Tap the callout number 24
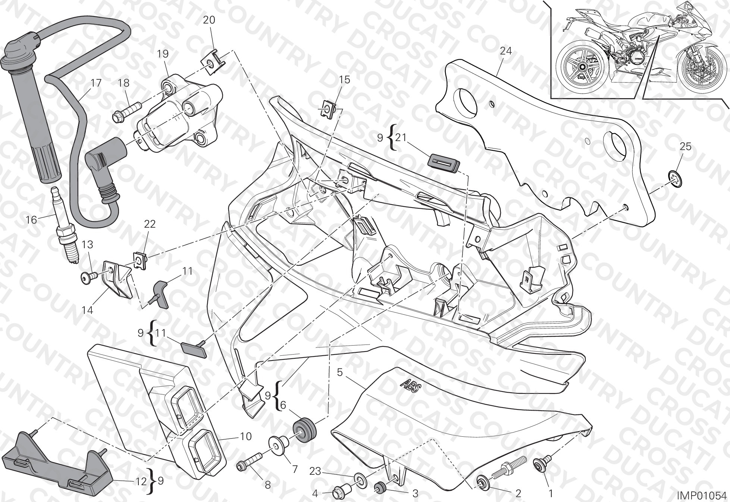tap(506, 51)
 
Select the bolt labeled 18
tap(125, 111)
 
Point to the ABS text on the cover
tap(411, 384)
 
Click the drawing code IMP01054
tap(702, 496)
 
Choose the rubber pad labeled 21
tap(444, 164)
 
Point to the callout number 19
tap(163, 54)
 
